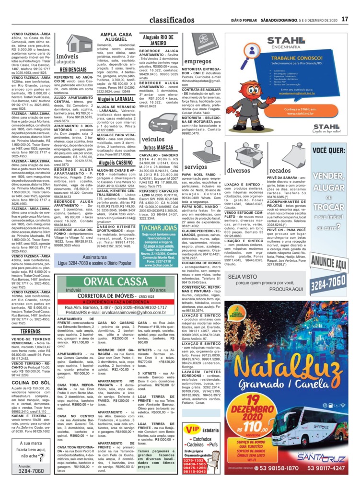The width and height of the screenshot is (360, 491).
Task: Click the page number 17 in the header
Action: pyautogui.click(x=344, y=20)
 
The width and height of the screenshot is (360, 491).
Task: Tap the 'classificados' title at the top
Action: pyautogui.click(x=172, y=20)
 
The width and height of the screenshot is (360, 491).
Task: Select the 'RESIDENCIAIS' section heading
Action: pyautogui.click(x=73, y=70)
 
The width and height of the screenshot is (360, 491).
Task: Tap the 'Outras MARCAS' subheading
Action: pyautogui.click(x=158, y=147)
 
